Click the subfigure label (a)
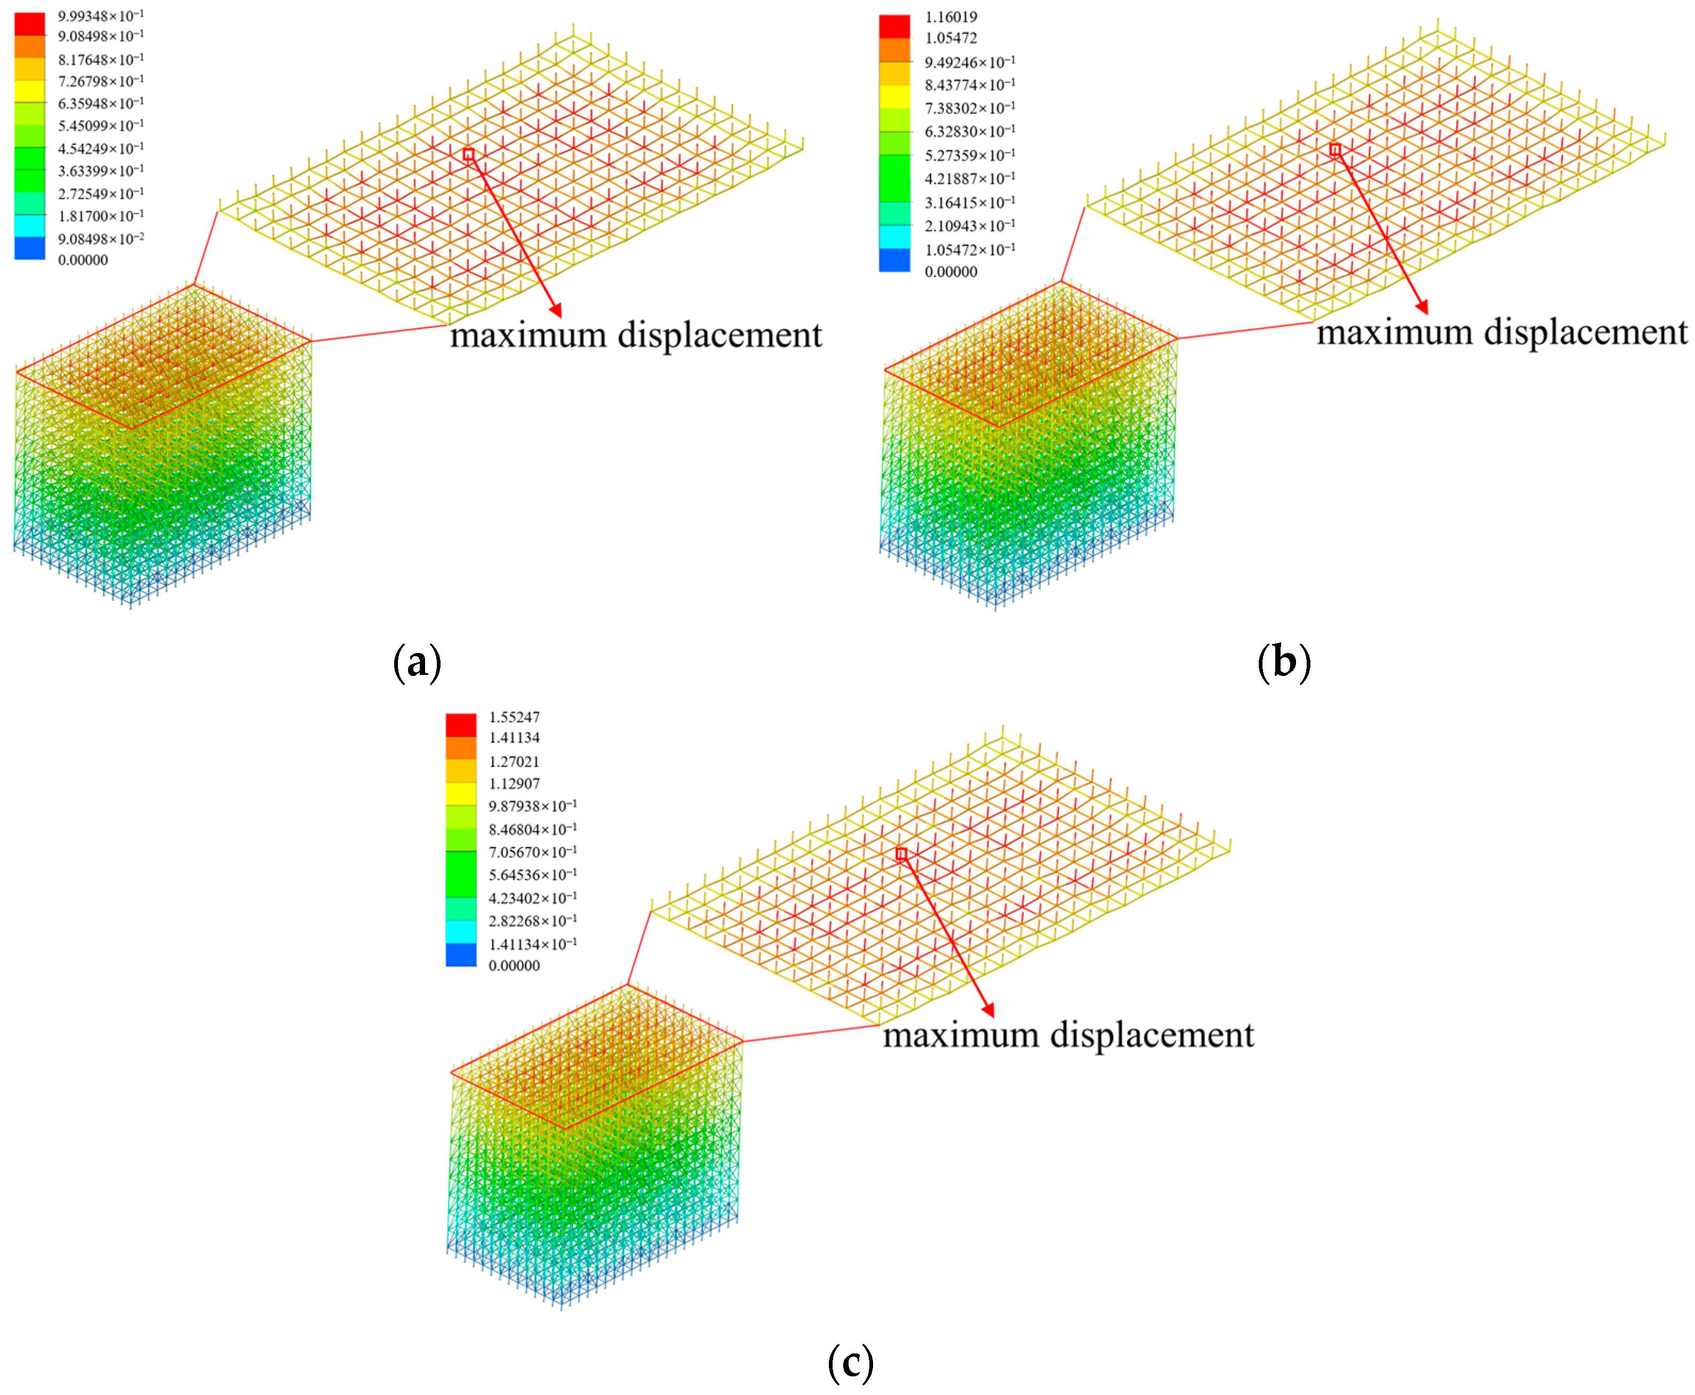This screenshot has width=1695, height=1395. coord(417,663)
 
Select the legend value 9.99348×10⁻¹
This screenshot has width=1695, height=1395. coord(101,16)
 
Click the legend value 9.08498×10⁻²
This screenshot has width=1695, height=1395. coord(101,239)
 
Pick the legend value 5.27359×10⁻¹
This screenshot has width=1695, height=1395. coord(969,155)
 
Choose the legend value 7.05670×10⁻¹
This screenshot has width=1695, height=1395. coord(532,852)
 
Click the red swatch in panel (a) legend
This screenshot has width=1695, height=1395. coord(30,24)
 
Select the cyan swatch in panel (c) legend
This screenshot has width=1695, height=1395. coord(461,932)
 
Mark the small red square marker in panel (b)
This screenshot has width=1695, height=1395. coord(1335,150)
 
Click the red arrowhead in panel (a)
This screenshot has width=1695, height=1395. coord(556,311)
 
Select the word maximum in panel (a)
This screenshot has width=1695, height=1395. coord(527,335)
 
